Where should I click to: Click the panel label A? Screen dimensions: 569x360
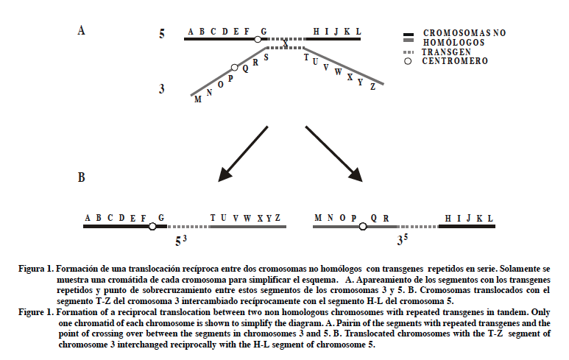(x=81, y=30)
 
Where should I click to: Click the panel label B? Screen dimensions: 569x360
(x=81, y=179)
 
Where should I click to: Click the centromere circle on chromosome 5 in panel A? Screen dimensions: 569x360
(x=257, y=39)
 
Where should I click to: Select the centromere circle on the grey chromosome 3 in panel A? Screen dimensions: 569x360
(x=235, y=67)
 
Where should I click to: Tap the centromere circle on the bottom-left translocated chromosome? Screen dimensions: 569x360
(x=152, y=227)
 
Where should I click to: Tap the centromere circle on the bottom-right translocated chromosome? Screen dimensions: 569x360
(x=362, y=227)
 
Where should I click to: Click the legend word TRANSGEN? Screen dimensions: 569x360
(x=445, y=52)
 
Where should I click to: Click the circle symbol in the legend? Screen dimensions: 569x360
(x=408, y=61)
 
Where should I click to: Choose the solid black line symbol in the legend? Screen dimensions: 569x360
(x=409, y=35)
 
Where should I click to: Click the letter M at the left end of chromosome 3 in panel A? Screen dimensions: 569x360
(x=197, y=99)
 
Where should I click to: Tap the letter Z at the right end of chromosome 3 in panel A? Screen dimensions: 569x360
(x=372, y=86)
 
